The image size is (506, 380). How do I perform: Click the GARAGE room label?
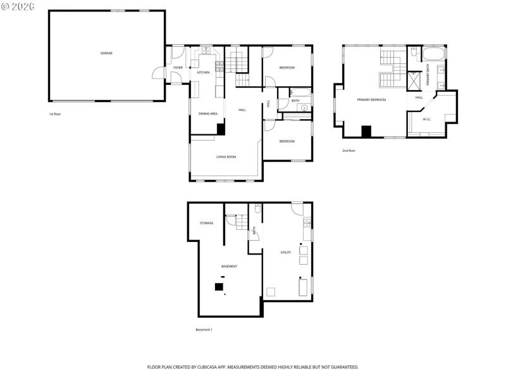coord(106,53)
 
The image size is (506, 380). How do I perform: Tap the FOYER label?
coord(178,67)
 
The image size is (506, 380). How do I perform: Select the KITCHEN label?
coord(203,72)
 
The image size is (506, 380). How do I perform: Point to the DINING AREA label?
coord(208,113)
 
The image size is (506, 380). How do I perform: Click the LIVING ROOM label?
coord(226,156)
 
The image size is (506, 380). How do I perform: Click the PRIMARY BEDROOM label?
coord(371,99)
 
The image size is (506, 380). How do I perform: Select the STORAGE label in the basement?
coord(206,223)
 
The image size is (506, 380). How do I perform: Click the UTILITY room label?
coord(286,252)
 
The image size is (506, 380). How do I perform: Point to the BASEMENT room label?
coord(229,266)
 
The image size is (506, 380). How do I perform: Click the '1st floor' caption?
coord(56,114)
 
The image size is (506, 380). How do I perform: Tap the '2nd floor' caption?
coord(349,151)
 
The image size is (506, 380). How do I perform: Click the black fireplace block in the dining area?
coord(221,129)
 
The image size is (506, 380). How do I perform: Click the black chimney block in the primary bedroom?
coord(366,131)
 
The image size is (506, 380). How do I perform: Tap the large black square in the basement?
coord(219,287)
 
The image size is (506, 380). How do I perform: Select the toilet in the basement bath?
coord(257,208)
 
